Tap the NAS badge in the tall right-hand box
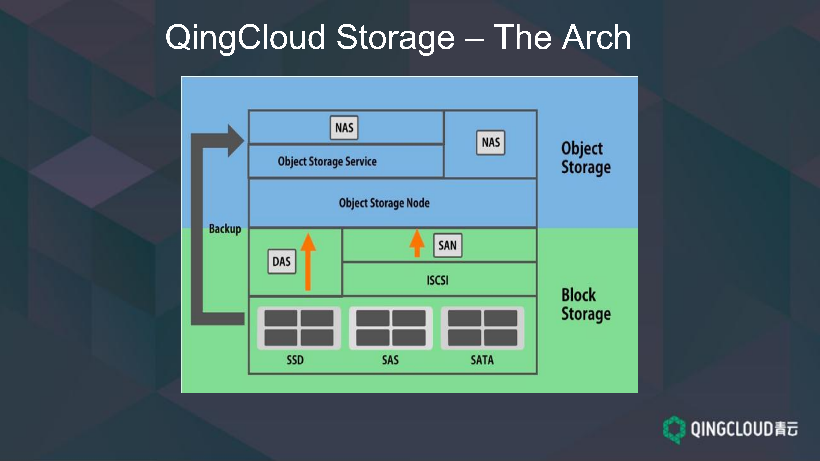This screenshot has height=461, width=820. click(x=490, y=143)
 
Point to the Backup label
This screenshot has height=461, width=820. click(x=225, y=229)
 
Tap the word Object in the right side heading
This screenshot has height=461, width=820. click(x=582, y=149)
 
